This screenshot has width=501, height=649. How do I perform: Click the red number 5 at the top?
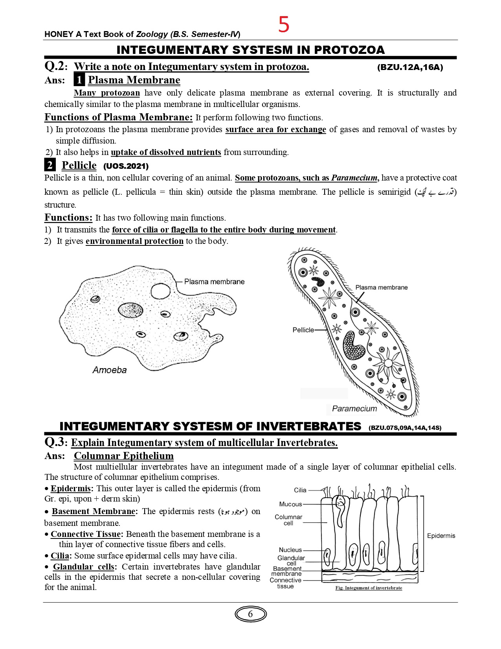(284, 24)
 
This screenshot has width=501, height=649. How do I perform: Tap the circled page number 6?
(250, 614)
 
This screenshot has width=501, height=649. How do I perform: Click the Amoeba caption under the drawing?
(110, 370)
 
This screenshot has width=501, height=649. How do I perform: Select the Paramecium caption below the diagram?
(354, 409)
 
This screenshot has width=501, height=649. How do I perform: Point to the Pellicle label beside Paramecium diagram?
(303, 330)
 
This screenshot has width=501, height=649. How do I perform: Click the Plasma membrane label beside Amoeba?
(214, 282)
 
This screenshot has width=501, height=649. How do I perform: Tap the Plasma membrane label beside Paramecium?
(381, 288)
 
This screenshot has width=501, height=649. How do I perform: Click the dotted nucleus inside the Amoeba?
(130, 310)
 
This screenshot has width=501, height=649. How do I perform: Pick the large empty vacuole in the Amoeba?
(161, 291)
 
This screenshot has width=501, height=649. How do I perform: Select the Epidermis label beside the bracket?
(441, 536)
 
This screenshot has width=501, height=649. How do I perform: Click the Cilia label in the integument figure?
(300, 490)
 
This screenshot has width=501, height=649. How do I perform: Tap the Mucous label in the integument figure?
(290, 504)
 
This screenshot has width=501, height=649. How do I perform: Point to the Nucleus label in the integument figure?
(290, 550)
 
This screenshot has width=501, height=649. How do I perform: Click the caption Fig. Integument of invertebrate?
(369, 588)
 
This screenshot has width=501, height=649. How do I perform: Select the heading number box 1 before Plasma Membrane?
(79, 80)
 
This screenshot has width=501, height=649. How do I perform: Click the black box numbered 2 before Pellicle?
(50, 165)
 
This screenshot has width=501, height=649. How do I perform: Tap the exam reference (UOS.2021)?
(126, 166)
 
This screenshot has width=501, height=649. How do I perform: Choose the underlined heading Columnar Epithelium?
(124, 456)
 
